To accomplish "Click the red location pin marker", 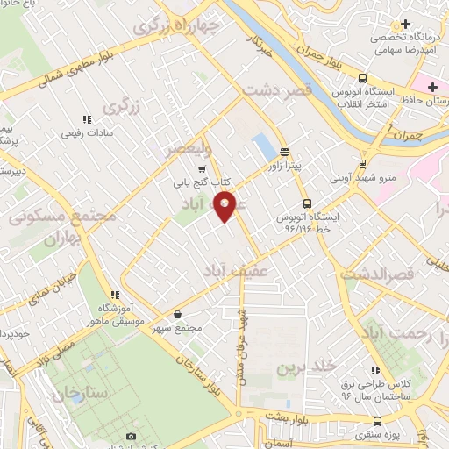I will (225, 205).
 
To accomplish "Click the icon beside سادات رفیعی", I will (86, 119).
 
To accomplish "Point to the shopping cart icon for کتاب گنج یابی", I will (202, 170).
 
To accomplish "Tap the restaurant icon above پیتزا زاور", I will (284, 151).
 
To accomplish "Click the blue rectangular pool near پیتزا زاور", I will (263, 146).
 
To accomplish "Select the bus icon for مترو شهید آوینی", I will (363, 164).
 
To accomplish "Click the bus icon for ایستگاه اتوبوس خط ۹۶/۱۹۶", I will (306, 203).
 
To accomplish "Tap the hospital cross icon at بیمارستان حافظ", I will (432, 88).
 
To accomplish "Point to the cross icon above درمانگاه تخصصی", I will (404, 25).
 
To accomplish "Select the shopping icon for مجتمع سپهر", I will (178, 314).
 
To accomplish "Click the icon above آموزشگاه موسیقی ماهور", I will (114, 295).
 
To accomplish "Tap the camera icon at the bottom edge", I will (131, 436).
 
